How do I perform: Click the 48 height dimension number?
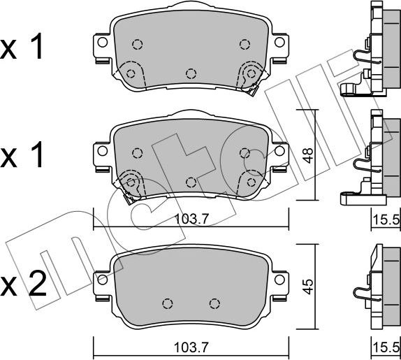point(309,155)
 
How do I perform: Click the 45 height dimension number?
point(308,287)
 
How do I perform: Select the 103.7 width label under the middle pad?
point(192,219)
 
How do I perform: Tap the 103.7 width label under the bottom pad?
point(191,347)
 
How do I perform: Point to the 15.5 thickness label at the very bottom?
point(386,347)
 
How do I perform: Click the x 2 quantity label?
point(24,284)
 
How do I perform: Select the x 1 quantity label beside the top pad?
point(22,46)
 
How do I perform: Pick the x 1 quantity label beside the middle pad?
point(22,154)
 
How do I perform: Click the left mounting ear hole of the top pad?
point(102,42)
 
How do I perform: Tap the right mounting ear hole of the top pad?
point(279,42)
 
